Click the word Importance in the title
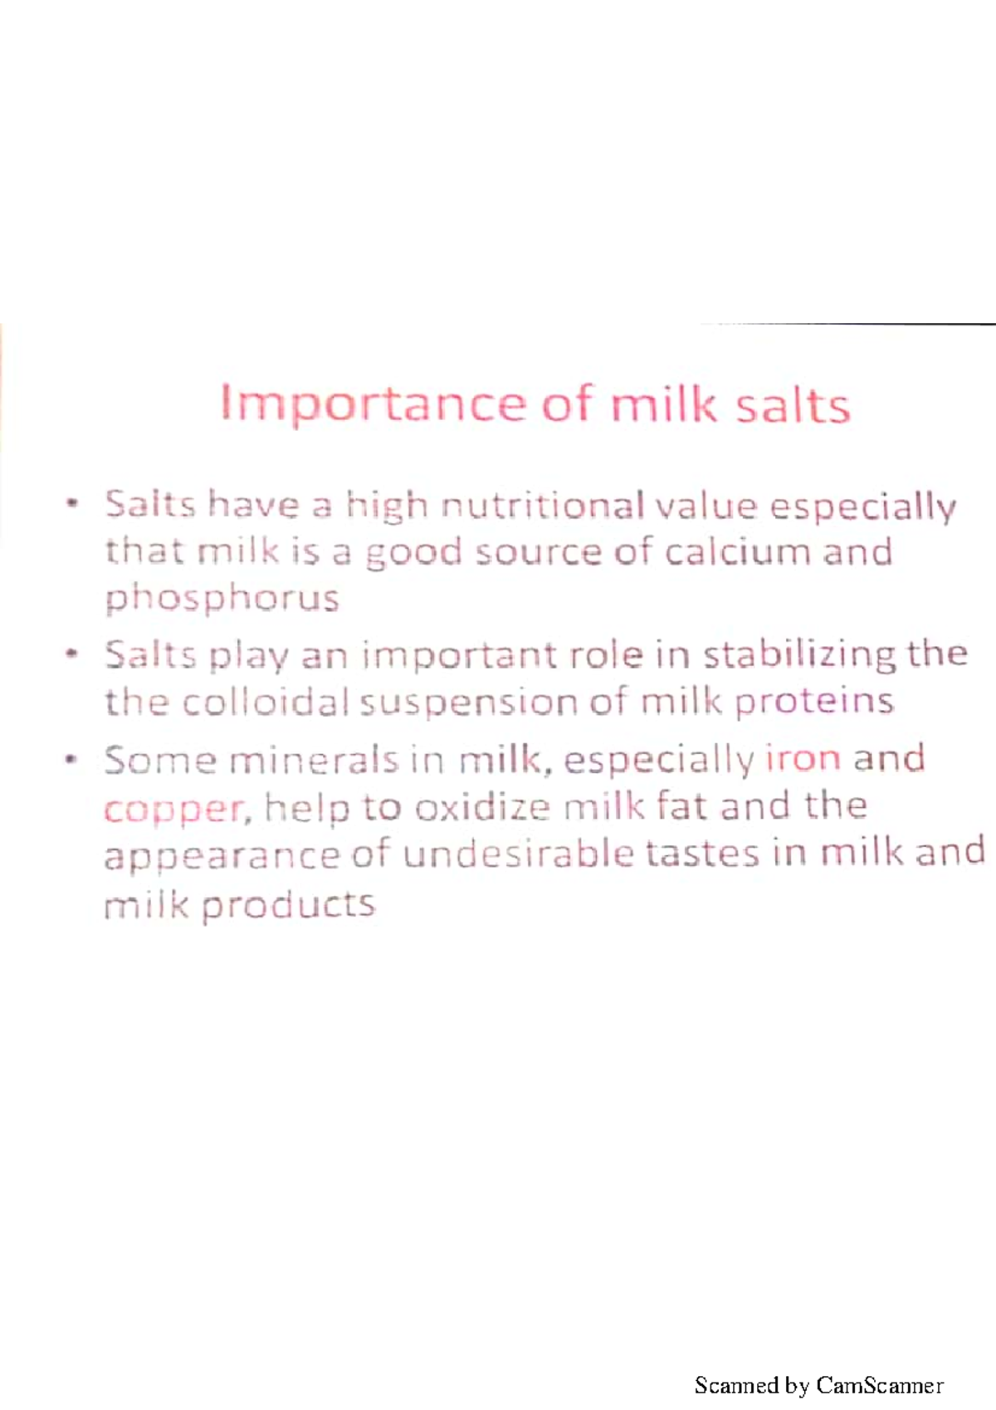pyautogui.click(x=372, y=406)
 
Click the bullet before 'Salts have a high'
pyautogui.click(x=74, y=503)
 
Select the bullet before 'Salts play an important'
pyautogui.click(x=74, y=654)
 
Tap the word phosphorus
pyautogui.click(x=222, y=599)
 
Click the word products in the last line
pyautogui.click(x=288, y=904)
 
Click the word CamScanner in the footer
pyautogui.click(x=879, y=1385)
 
